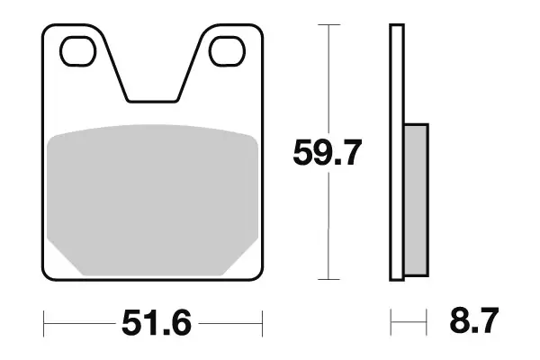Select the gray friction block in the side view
pyautogui.click(x=416, y=198)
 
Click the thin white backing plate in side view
pyautogui.click(x=395, y=153)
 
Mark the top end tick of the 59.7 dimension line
pyautogui.click(x=330, y=24)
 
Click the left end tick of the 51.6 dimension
pyautogui.click(x=44, y=320)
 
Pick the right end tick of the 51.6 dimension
pyautogui.click(x=261, y=320)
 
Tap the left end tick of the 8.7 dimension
pyautogui.click(x=391, y=320)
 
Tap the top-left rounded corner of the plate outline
pyautogui.click(x=49, y=30)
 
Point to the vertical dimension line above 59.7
pyautogui.click(x=330, y=81)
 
